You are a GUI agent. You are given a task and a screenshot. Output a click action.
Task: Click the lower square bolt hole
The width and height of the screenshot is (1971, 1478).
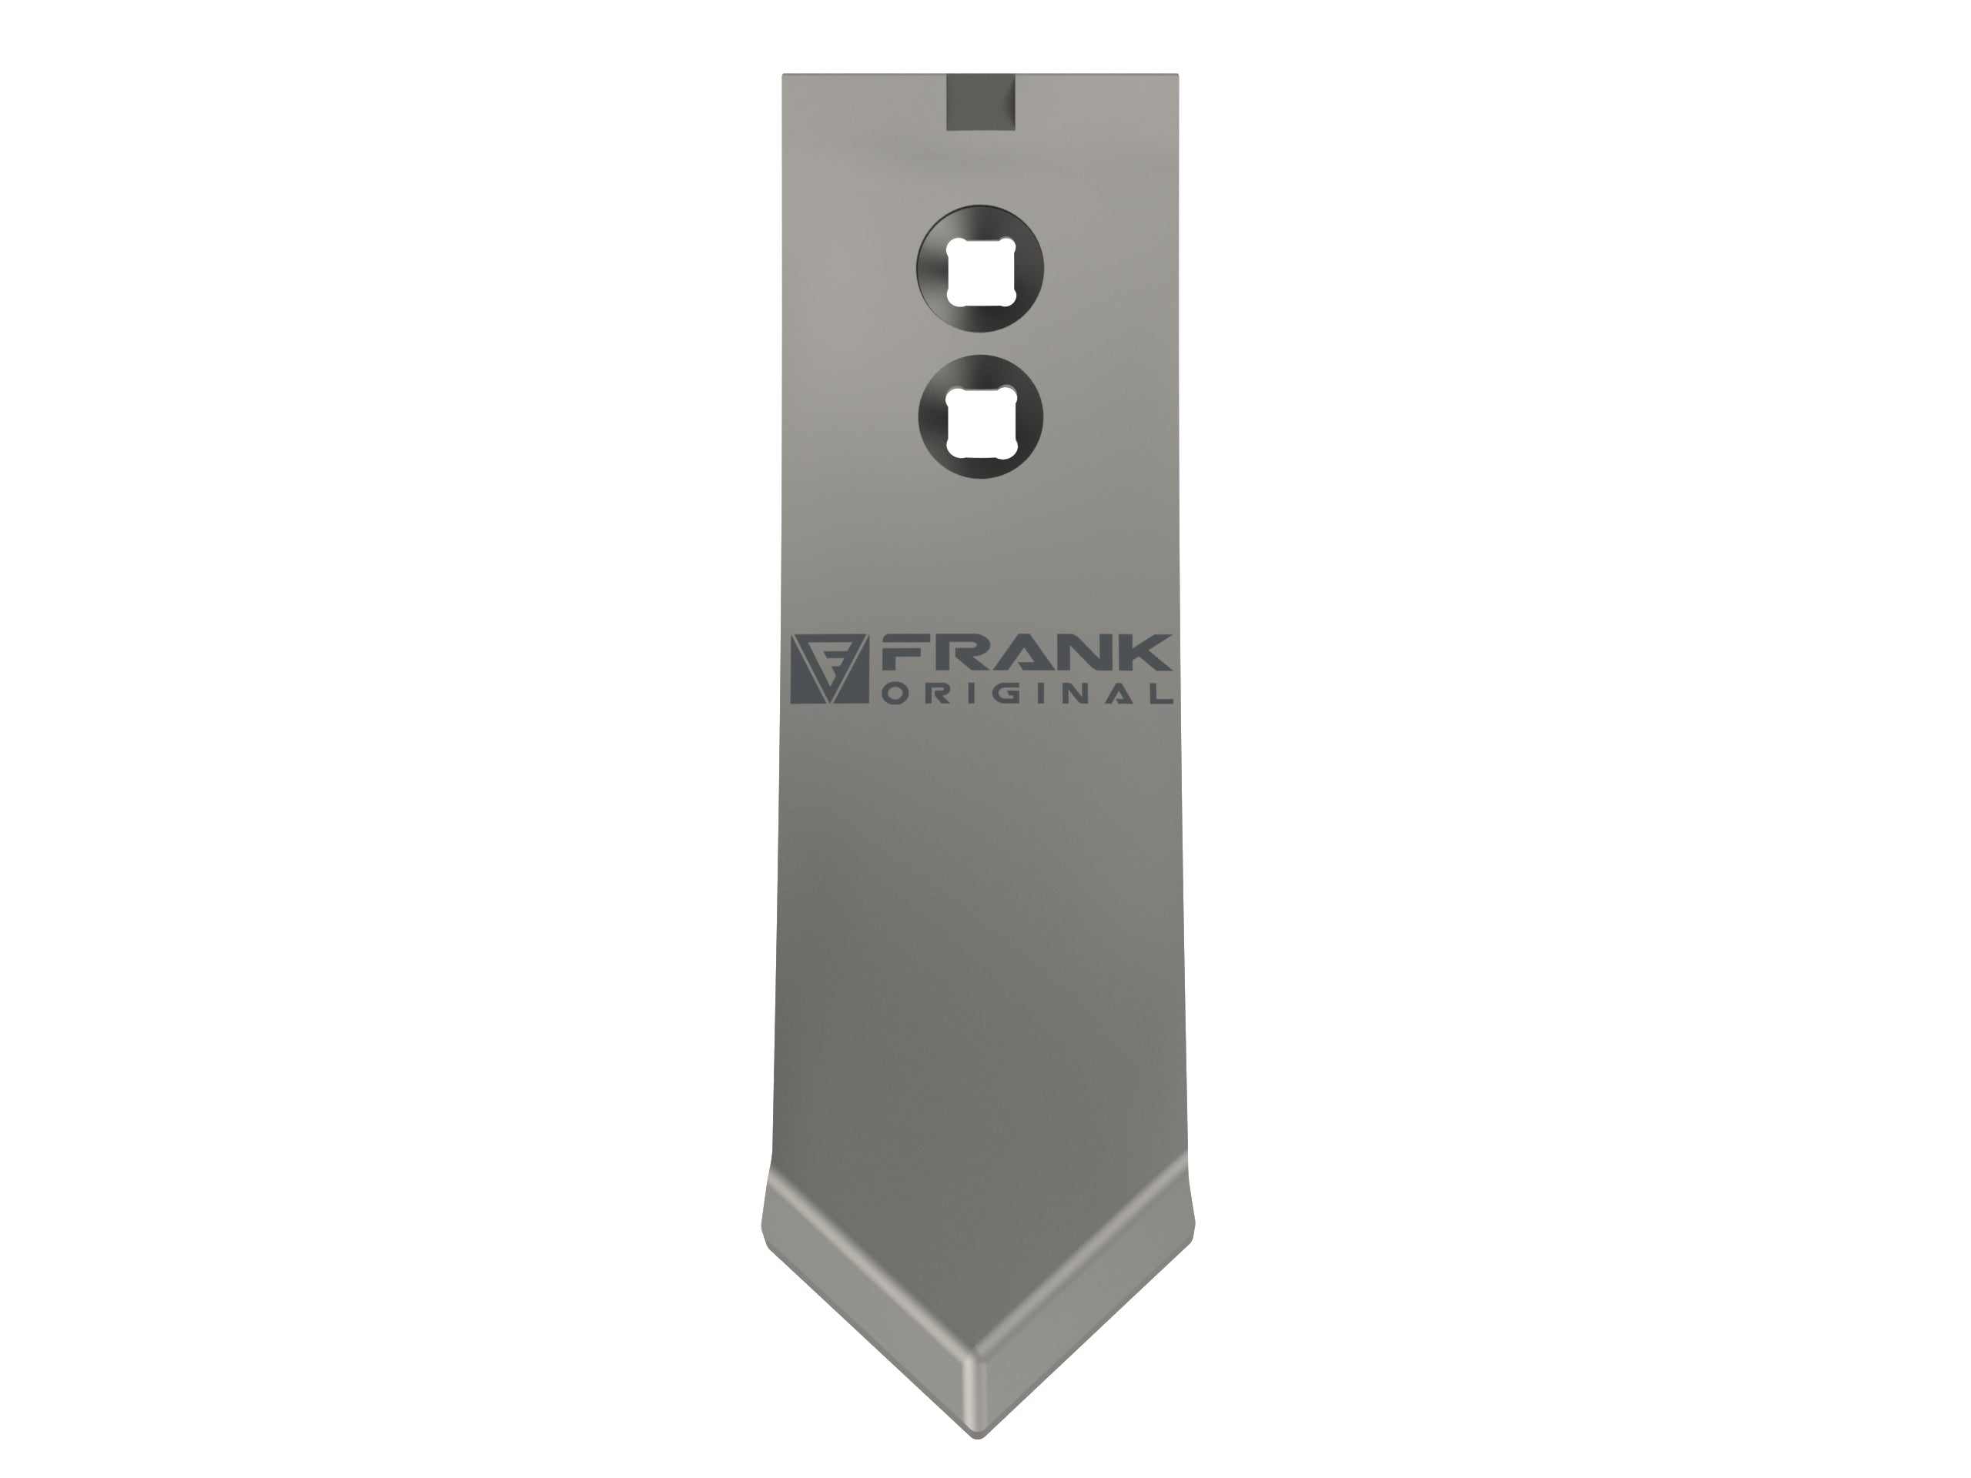(980, 420)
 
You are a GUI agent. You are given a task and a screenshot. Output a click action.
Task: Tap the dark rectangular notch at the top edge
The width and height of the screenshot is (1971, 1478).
(980, 102)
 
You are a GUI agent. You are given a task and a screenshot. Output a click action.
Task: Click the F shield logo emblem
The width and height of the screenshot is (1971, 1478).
(829, 669)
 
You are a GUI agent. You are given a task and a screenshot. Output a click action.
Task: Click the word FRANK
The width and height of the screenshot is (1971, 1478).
(1026, 653)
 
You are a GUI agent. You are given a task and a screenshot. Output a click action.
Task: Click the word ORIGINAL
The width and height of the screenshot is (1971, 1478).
(1027, 694)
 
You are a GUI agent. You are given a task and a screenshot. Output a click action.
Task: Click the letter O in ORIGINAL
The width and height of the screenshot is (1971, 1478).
(894, 694)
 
